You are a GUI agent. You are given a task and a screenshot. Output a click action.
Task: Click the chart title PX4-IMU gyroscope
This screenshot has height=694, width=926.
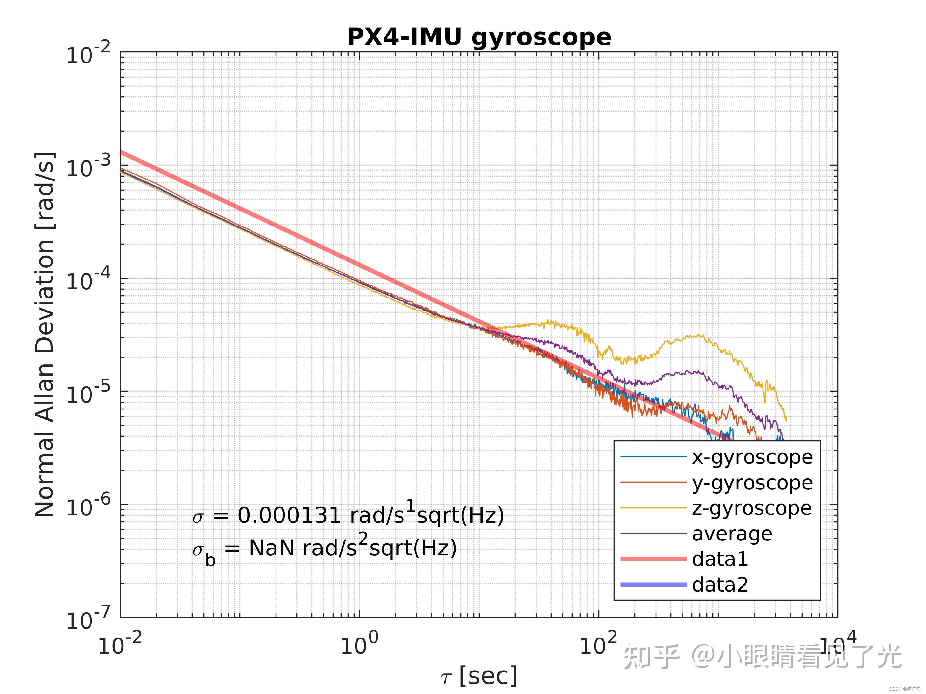479,37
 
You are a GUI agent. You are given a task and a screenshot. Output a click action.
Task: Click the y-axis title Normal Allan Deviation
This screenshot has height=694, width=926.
45,335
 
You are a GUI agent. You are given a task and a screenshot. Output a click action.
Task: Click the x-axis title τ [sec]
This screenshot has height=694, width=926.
479,676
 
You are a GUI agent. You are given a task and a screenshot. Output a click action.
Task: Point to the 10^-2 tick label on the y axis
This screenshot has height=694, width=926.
88,54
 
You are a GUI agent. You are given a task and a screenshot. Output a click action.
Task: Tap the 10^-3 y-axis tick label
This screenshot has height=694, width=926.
88,167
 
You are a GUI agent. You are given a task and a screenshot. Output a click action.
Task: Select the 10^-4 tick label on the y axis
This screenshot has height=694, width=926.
88,280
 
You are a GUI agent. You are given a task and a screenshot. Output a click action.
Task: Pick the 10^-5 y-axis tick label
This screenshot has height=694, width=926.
88,394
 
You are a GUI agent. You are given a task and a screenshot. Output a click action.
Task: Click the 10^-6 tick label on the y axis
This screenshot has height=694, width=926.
88,507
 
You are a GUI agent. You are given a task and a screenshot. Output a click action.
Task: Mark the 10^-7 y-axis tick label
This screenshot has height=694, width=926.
88,619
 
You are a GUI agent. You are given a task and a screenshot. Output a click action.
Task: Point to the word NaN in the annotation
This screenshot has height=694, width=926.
272,548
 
